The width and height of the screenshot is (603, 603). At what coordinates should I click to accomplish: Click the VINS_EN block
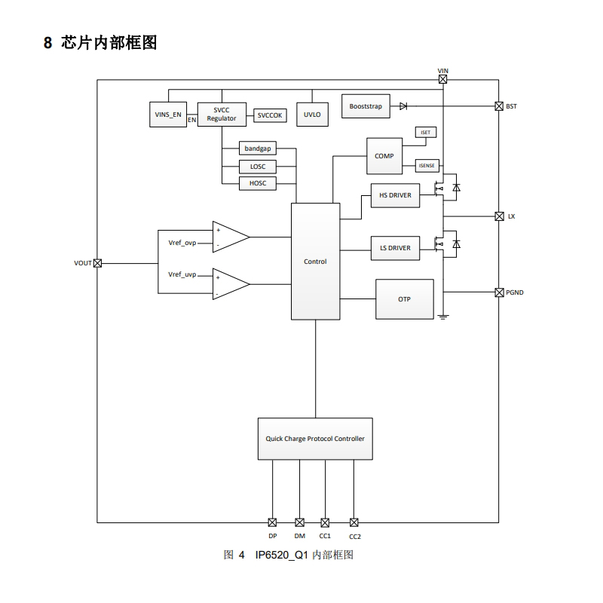tap(167, 115)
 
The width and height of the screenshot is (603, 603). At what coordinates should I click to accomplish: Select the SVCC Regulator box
tap(222, 115)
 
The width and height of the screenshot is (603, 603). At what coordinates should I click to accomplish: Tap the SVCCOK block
tap(269, 115)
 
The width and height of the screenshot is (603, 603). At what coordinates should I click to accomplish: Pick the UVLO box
tap(312, 115)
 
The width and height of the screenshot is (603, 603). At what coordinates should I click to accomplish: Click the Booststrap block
tap(366, 106)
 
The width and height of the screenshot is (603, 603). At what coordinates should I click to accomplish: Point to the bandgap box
tap(257, 148)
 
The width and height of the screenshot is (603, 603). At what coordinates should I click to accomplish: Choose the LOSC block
tap(257, 167)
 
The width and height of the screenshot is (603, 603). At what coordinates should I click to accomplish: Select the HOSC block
tap(257, 183)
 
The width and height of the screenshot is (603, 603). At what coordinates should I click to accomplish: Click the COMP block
tap(384, 156)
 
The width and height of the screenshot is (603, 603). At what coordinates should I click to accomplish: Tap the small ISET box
tap(425, 133)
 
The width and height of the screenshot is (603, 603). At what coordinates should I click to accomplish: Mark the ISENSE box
tap(427, 166)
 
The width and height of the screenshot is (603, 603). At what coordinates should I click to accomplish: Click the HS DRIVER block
tap(395, 195)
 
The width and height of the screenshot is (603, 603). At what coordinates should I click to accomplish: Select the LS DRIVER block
tap(395, 248)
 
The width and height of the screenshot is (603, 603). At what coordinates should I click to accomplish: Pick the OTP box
tap(405, 299)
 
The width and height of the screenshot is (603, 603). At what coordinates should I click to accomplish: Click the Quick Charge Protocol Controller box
tap(315, 439)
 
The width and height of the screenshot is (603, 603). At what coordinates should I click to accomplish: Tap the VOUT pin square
tap(97, 263)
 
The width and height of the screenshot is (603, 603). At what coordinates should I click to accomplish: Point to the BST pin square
tap(499, 106)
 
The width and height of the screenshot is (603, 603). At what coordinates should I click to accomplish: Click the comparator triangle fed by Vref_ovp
tap(230, 237)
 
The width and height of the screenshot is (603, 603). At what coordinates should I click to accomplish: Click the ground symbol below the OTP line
tap(443, 316)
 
